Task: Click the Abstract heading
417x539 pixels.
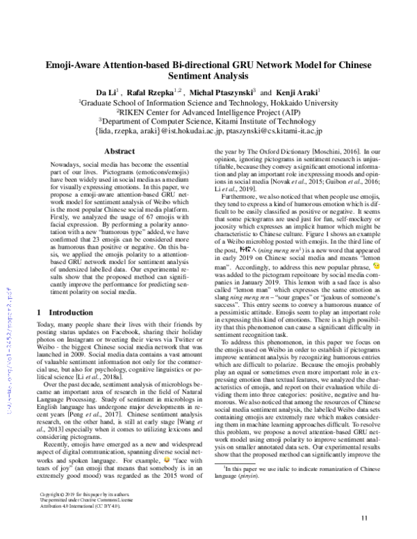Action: point(114,151)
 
